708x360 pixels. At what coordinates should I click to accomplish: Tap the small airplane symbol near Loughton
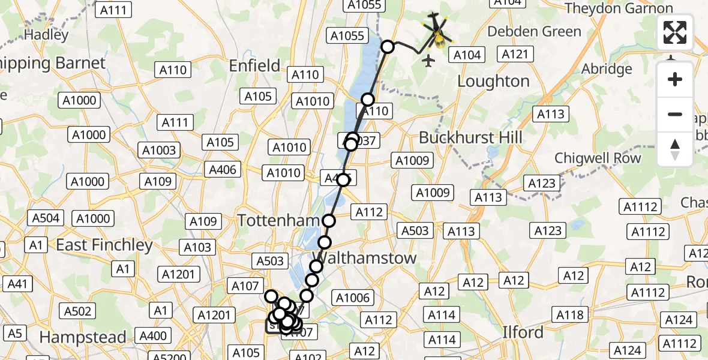click(428, 61)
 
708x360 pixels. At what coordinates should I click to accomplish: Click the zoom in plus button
click(675, 79)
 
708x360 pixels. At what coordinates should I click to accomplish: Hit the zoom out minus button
click(675, 114)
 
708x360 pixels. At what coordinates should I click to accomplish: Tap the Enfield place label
click(254, 65)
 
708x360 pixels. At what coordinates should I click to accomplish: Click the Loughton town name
click(493, 81)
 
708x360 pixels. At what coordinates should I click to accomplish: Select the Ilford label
click(523, 332)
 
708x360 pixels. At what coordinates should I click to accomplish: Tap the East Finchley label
click(104, 245)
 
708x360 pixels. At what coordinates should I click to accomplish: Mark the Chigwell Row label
click(598, 158)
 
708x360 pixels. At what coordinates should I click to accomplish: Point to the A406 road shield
click(223, 170)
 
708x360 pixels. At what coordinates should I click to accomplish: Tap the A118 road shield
click(569, 314)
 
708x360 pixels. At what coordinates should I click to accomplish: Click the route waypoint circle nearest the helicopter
click(388, 47)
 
